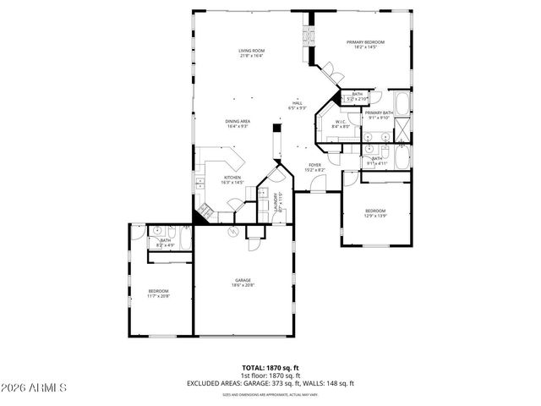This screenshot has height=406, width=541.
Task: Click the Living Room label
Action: click(x=250, y=54)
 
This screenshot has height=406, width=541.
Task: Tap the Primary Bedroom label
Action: click(x=365, y=44)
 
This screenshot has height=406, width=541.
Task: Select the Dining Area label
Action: click(x=237, y=123)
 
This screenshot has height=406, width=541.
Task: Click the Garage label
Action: click(x=243, y=283)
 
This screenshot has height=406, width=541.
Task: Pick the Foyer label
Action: click(x=314, y=167)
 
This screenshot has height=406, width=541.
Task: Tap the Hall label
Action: click(x=298, y=106)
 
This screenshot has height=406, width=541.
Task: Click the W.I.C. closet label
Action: click(x=341, y=124)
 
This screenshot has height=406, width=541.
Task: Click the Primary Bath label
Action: click(x=379, y=115)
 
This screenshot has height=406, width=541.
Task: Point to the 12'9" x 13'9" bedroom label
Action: click(x=375, y=213)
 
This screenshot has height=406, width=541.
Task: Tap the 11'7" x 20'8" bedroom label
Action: click(x=158, y=293)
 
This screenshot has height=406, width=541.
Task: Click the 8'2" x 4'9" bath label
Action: click(x=166, y=243)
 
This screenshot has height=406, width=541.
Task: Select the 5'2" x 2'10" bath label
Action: click(x=358, y=96)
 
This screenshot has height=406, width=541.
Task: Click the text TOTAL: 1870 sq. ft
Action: click(x=270, y=368)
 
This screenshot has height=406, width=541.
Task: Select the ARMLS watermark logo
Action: click(x=34, y=387)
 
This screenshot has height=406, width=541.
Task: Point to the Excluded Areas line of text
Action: click(x=270, y=383)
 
